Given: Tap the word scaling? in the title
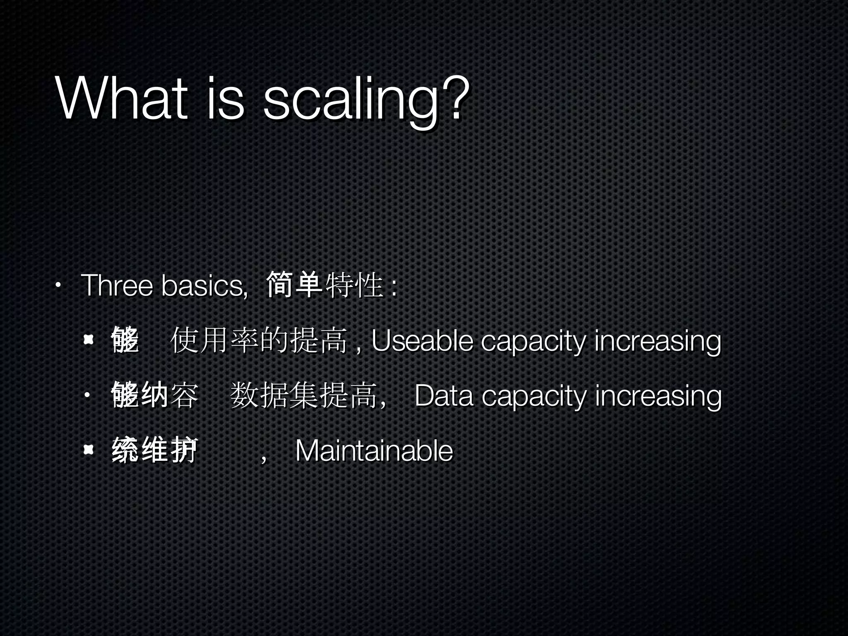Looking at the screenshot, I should click(x=366, y=101).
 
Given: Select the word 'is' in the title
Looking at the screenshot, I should click(x=225, y=99).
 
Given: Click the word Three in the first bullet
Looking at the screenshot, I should click(x=117, y=285).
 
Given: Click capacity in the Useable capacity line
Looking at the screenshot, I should click(x=533, y=342).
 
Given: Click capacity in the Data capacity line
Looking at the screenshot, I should click(x=534, y=397).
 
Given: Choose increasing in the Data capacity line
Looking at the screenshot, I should click(x=658, y=397).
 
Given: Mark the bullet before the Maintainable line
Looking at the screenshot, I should click(x=88, y=450).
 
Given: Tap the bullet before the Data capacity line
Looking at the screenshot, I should click(x=87, y=396).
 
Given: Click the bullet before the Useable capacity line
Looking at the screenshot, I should click(x=88, y=341).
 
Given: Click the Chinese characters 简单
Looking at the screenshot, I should click(x=294, y=285).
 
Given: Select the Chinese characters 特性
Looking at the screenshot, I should click(x=354, y=285).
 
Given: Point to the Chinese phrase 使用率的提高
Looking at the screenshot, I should click(x=259, y=340).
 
